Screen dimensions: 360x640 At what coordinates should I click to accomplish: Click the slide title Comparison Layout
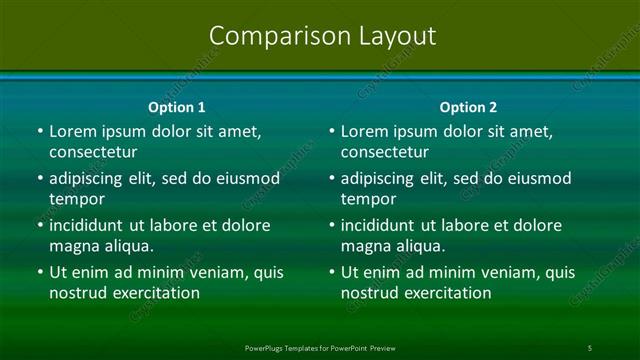tap(323, 36)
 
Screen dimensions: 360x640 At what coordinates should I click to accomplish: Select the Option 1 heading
tap(177, 107)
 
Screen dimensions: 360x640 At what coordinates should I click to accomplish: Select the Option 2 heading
tap(468, 107)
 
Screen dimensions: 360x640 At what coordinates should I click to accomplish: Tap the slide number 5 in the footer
tap(589, 347)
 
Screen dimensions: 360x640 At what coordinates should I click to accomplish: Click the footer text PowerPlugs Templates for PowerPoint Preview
tap(320, 347)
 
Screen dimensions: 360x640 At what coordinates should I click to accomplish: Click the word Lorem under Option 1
tap(71, 131)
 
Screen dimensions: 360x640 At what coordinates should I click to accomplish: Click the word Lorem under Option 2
tap(363, 131)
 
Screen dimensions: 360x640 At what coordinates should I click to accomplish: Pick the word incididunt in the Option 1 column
tap(93, 225)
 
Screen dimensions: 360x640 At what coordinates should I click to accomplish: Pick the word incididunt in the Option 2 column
tap(385, 225)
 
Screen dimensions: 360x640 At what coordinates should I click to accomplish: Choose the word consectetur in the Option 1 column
tap(93, 152)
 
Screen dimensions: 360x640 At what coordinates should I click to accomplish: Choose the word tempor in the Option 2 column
tap(369, 199)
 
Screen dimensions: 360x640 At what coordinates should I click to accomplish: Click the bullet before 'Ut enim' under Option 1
tap(40, 272)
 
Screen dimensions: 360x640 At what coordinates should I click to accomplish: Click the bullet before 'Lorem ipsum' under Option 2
tap(332, 131)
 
